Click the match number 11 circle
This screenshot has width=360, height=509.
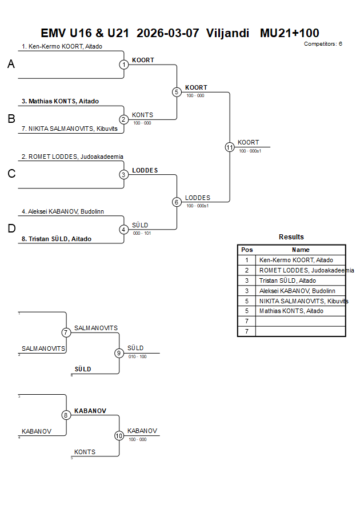click(x=230, y=147)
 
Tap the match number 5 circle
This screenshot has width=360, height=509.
click(x=177, y=92)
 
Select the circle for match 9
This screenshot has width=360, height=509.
click(x=119, y=353)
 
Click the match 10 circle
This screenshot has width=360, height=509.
click(x=119, y=435)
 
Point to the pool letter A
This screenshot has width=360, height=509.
click(x=11, y=65)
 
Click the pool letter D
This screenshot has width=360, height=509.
click(x=11, y=229)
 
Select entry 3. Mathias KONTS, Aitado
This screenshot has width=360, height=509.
click(x=60, y=102)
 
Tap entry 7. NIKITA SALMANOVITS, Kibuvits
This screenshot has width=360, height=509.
click(x=69, y=129)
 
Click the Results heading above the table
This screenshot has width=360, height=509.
click(x=291, y=237)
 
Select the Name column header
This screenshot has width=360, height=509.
click(x=301, y=250)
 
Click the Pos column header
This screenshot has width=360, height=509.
click(x=247, y=250)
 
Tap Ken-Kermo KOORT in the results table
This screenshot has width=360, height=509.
click(x=296, y=260)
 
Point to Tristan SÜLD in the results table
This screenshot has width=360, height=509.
click(x=287, y=280)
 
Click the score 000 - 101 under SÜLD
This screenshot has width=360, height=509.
click(x=142, y=233)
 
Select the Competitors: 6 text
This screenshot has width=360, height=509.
click(x=323, y=44)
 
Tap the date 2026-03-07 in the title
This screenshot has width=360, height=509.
click(x=168, y=33)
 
